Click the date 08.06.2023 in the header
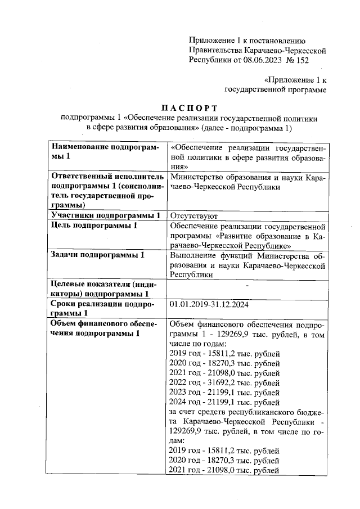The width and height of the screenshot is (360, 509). click(x=262, y=59)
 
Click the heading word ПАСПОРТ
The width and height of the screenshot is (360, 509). click(x=190, y=107)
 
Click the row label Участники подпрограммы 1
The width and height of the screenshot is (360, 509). click(x=106, y=215)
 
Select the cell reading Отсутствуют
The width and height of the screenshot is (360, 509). click(x=190, y=215)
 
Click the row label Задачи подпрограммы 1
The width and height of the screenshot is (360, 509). click(x=97, y=255)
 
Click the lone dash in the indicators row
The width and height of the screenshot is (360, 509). click(x=247, y=287)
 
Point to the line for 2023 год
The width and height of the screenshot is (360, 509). click(x=224, y=393)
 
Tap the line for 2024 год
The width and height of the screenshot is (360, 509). click(x=224, y=403)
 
